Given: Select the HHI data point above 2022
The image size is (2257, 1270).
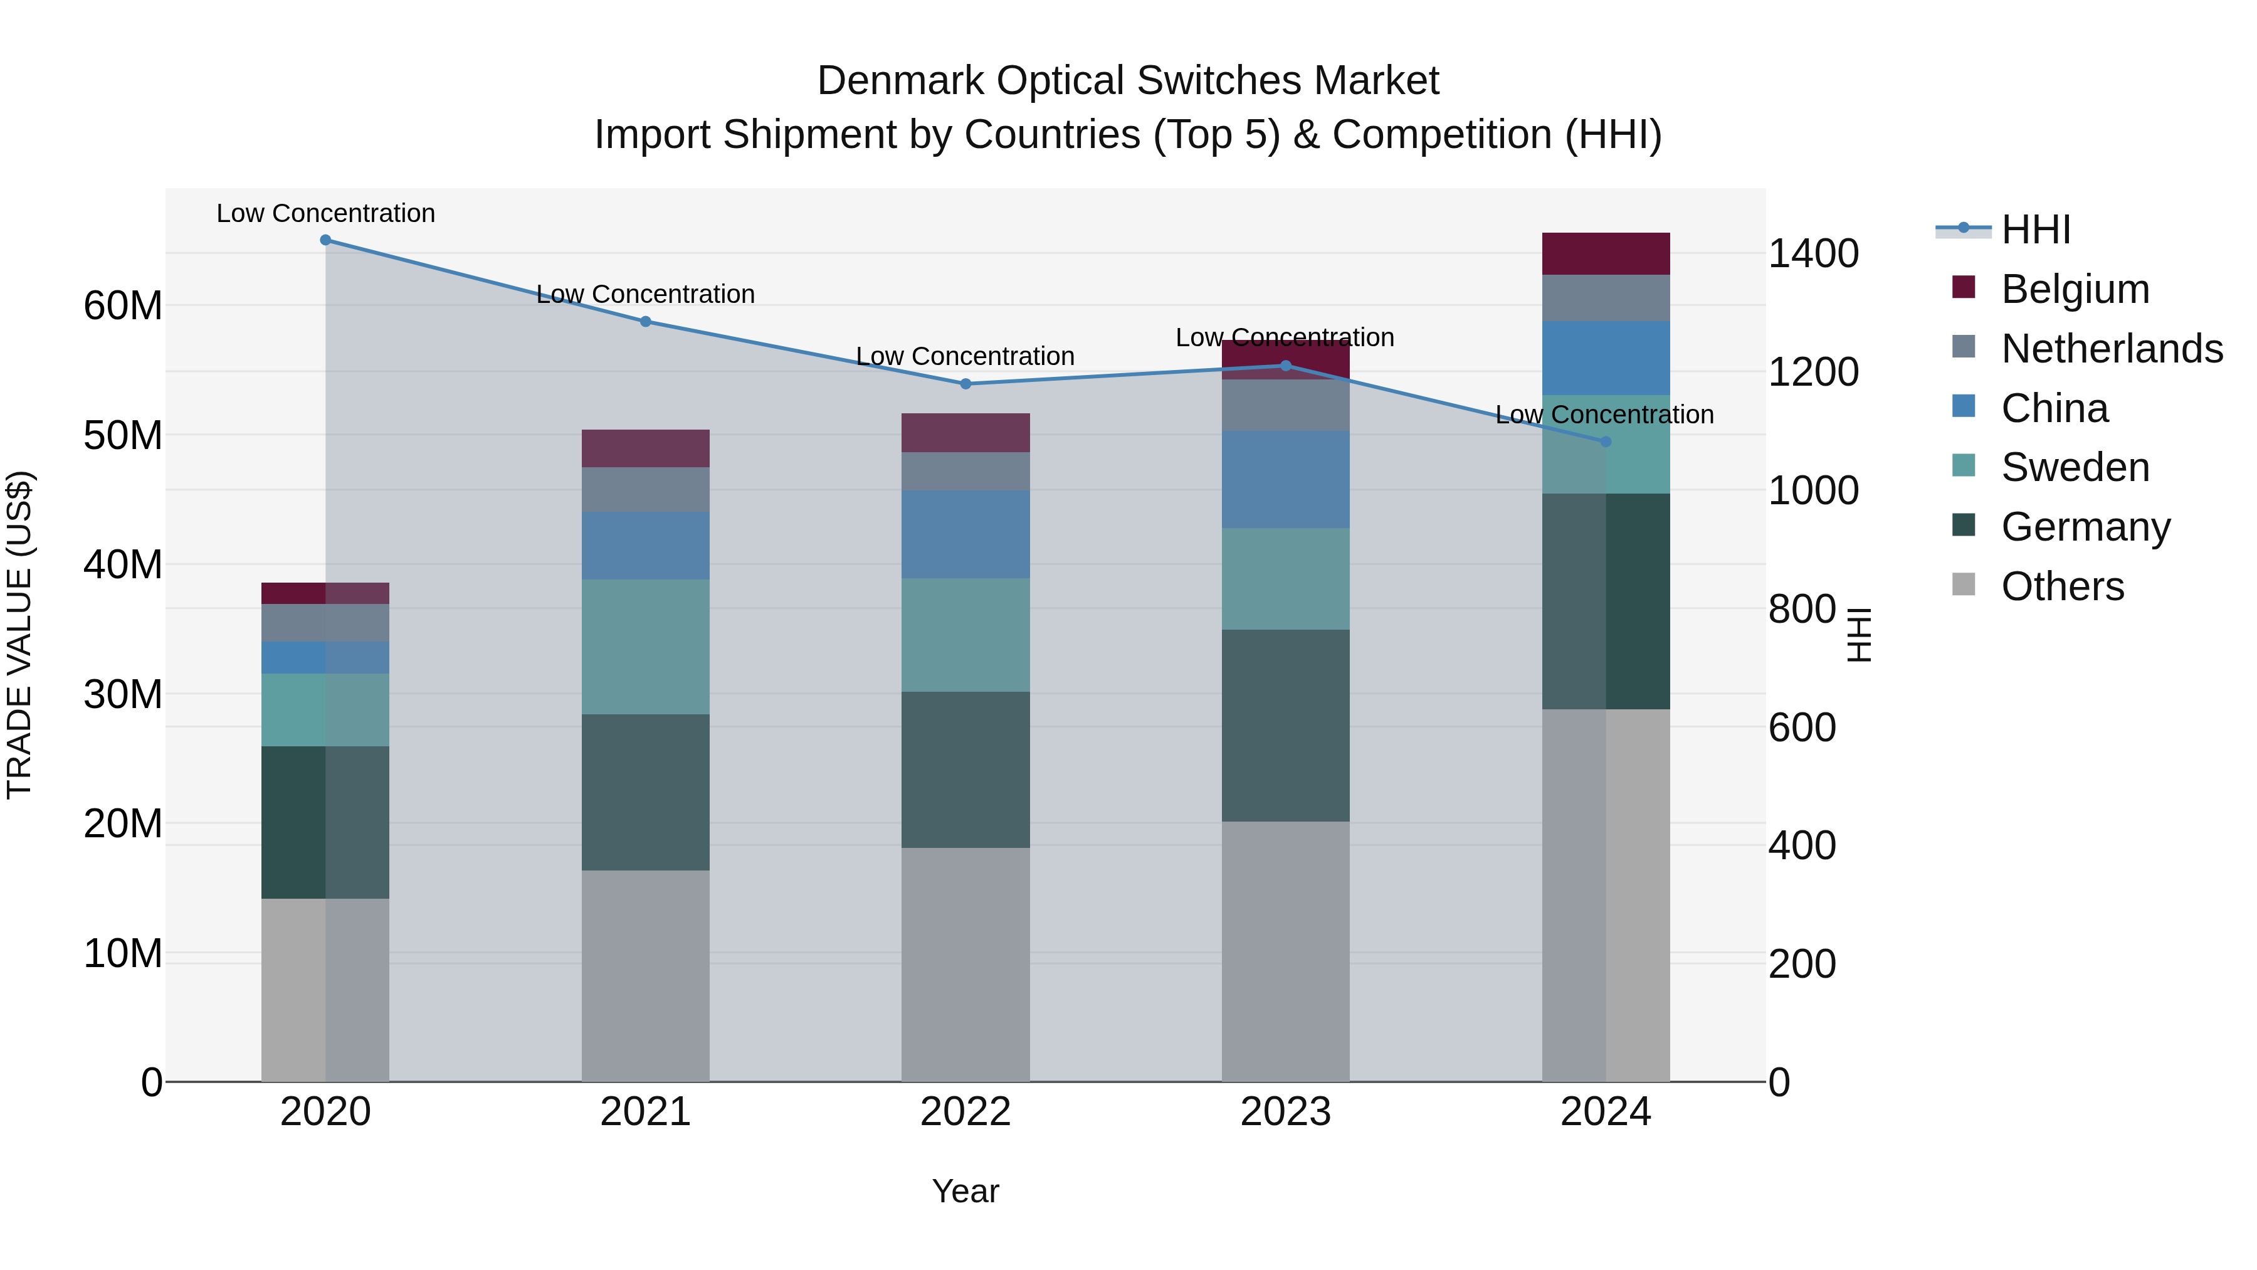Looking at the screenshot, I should (965, 384).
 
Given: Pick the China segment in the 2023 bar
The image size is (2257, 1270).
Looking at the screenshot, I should (1285, 479).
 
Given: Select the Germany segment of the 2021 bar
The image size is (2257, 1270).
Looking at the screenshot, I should (645, 792).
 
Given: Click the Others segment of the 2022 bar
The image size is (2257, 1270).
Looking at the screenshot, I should (965, 964).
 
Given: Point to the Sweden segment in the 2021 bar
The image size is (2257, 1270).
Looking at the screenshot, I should (645, 647).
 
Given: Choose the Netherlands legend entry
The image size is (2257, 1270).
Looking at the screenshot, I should (2112, 349).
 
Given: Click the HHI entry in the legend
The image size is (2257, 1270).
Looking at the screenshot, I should (2035, 230).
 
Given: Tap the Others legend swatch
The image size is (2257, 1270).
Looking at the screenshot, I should (1964, 585).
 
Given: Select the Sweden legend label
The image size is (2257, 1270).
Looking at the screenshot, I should (2075, 467).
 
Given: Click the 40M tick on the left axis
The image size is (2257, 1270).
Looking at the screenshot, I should (123, 564).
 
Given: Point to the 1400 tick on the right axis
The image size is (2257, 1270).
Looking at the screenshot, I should (1812, 254).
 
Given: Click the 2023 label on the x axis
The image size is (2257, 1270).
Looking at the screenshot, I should (1285, 1112).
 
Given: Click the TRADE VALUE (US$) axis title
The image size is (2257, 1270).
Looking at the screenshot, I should (19, 635).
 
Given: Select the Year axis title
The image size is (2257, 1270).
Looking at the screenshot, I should (965, 1191).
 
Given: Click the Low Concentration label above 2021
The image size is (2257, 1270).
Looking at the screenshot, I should (645, 295).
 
